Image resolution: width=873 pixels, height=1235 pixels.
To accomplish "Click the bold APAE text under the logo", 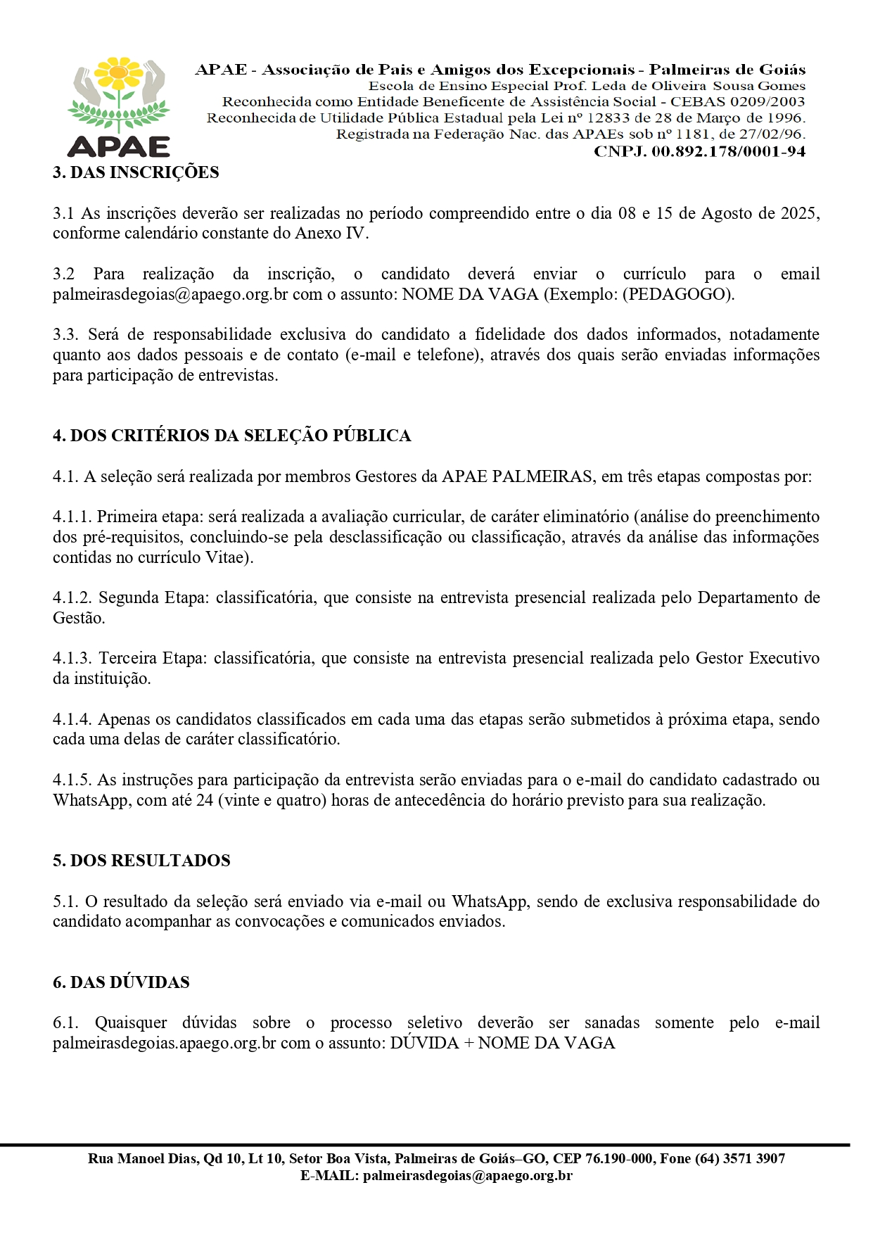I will click(119, 146).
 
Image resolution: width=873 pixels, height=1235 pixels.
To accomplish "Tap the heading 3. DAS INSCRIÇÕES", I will click(136, 172).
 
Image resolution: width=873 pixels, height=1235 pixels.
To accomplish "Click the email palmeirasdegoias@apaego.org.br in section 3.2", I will click(170, 294).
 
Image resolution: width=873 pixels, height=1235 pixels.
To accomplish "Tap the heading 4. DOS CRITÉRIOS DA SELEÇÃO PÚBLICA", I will click(231, 436).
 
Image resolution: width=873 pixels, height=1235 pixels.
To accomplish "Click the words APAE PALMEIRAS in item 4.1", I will click(516, 476).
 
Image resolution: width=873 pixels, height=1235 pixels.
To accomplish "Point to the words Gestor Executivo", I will click(757, 658).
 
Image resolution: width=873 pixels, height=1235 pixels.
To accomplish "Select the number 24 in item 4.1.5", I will click(205, 800).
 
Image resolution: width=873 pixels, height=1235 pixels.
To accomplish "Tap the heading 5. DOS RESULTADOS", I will click(141, 861).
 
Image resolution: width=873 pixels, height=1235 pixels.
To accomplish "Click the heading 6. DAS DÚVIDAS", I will click(121, 982).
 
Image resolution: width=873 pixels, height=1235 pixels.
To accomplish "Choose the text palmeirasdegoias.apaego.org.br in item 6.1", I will click(164, 1043).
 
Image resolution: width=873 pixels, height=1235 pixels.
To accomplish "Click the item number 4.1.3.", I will click(72, 658).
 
